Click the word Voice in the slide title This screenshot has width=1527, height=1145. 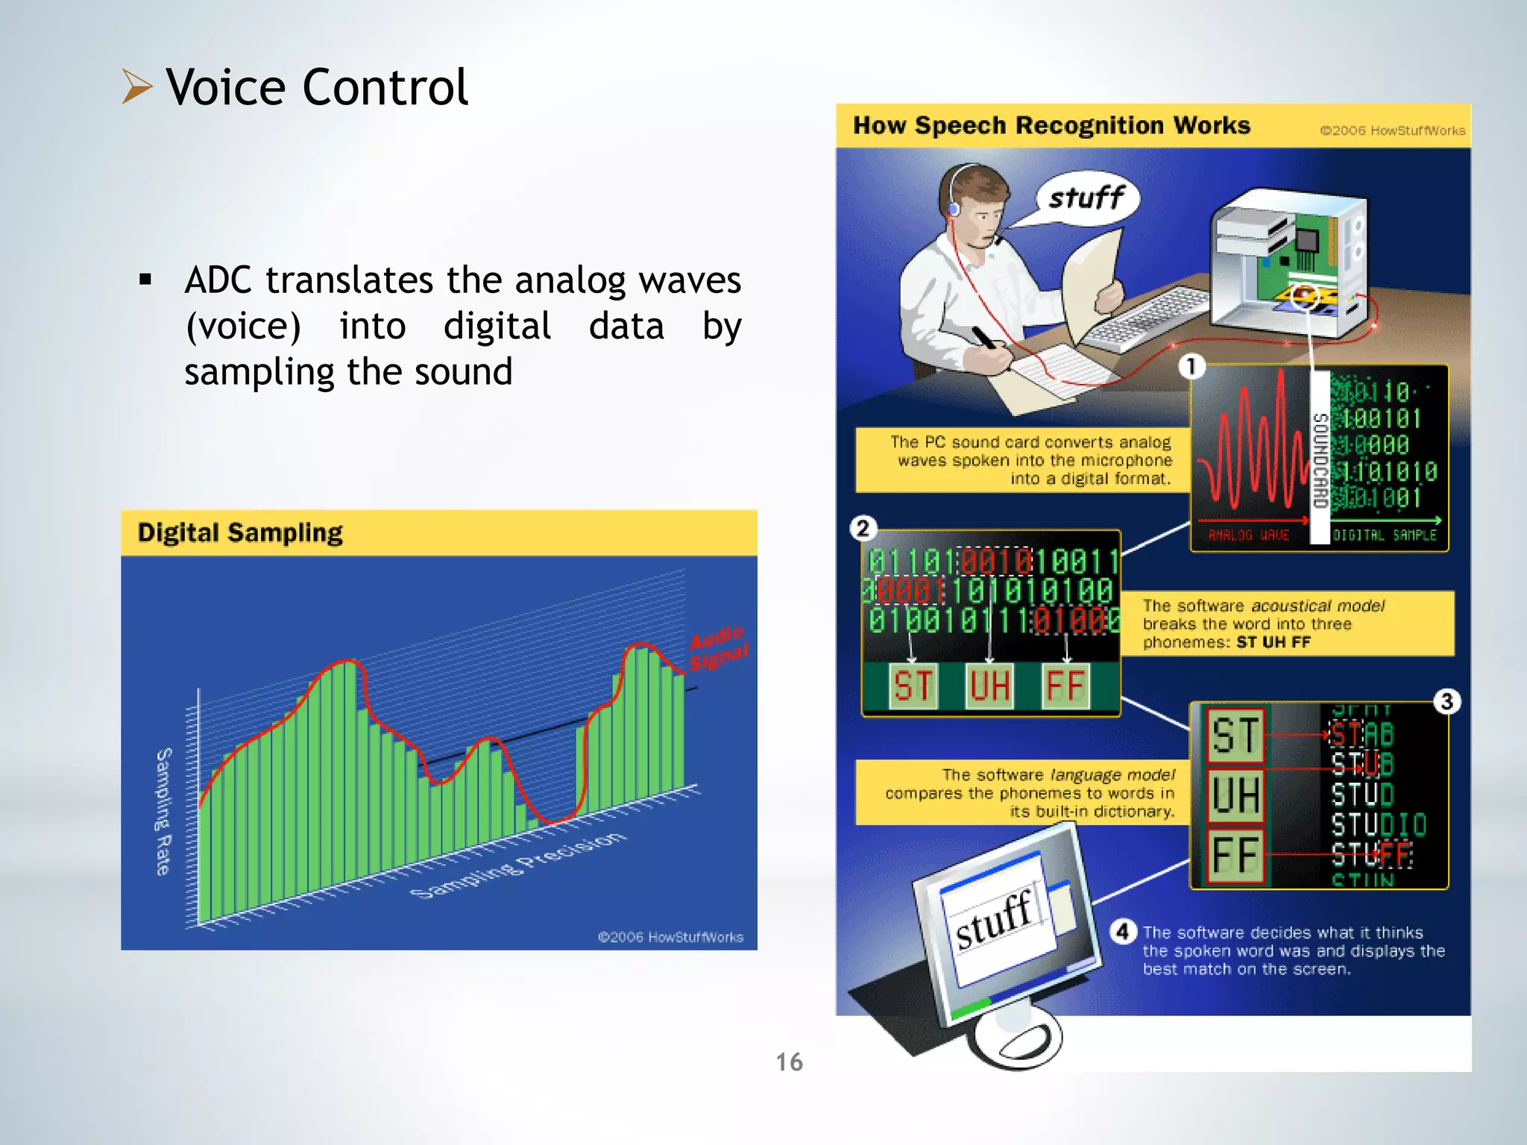pos(225,88)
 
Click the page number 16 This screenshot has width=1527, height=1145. pos(789,1062)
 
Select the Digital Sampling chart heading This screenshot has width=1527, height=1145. pos(240,533)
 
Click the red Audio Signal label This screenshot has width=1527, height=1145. pos(717,648)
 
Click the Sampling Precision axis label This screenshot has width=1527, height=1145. pos(519,865)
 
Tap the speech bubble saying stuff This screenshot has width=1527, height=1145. pos(1087,198)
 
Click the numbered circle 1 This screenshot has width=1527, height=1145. pos(1191,366)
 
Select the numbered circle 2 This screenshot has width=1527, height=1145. pos(863,529)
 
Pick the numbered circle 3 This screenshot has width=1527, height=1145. pos(1446,701)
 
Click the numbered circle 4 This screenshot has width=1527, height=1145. pos(1123,932)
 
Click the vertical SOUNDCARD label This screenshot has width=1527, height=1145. pos(1320,460)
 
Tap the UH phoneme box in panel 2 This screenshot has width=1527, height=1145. pos(989,686)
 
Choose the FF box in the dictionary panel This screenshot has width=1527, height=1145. pos(1235,855)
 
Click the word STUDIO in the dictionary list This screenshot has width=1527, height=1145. pos(1379,824)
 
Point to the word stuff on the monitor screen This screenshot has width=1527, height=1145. pos(994,921)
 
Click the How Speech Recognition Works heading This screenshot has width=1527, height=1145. pos(1051,125)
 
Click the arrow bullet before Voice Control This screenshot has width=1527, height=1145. pos(137,86)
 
